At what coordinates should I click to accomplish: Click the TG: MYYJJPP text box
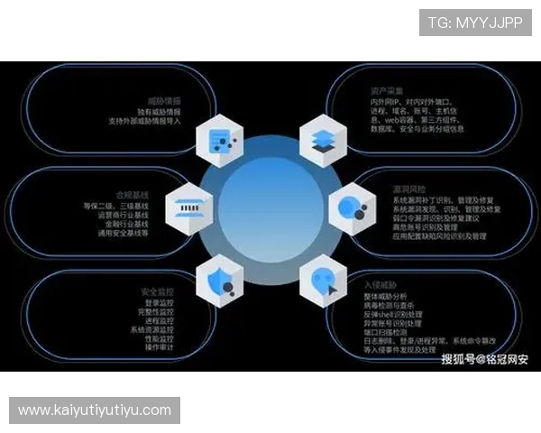point(475,22)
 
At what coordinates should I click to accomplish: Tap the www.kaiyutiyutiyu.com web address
point(94,410)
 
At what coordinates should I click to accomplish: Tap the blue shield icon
point(218,279)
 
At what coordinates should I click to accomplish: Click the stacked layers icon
point(323,140)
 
